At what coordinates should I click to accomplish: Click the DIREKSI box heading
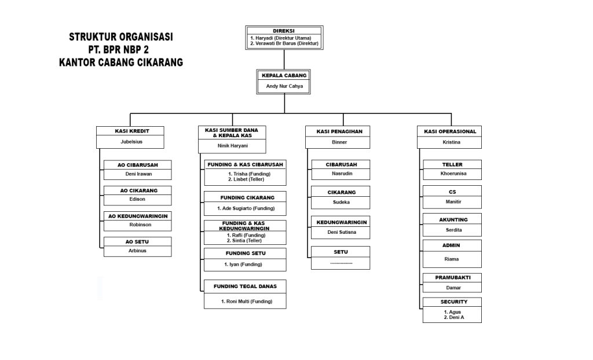click(284, 31)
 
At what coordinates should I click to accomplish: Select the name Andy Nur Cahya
click(284, 87)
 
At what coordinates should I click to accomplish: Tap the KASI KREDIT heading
click(131, 131)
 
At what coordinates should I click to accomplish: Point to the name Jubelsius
click(131, 141)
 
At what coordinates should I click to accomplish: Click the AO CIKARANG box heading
click(138, 190)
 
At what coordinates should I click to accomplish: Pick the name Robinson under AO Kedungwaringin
click(138, 225)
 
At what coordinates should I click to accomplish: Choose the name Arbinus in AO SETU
click(138, 251)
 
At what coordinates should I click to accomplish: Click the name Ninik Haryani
click(232, 145)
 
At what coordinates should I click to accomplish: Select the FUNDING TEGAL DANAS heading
click(245, 286)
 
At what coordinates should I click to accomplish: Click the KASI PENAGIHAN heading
click(339, 131)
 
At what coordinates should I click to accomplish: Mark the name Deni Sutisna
click(341, 232)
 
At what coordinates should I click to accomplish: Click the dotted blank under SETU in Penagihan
click(341, 263)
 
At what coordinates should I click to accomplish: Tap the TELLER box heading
click(452, 164)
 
